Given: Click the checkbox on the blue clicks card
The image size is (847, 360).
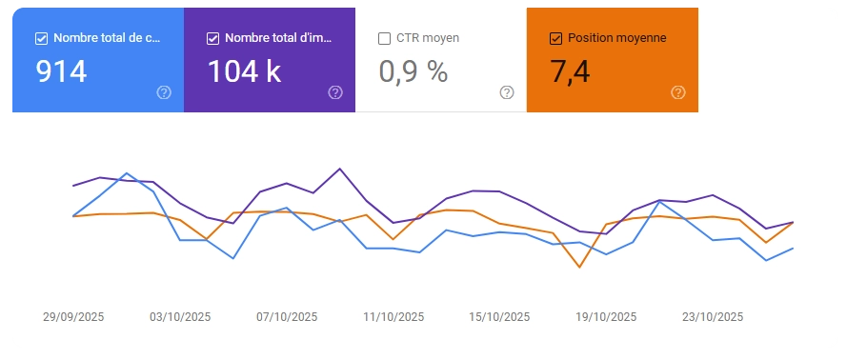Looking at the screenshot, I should tap(41, 39).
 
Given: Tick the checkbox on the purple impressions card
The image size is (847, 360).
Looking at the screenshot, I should tap(212, 39).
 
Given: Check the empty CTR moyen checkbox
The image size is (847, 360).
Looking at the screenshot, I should tap(384, 39).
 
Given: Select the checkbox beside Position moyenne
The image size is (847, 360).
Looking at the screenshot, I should tap(555, 39).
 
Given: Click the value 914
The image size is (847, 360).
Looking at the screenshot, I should tap(61, 71).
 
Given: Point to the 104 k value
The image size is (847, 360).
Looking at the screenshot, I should tap(244, 71).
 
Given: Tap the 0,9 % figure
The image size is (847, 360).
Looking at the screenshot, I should tap(413, 71).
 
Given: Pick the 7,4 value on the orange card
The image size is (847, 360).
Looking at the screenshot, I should tap(572, 71).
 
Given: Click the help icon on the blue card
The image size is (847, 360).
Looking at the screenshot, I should tap(164, 92).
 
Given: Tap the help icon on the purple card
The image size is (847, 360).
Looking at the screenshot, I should tap(335, 92).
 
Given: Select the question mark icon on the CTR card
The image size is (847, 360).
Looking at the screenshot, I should tap(507, 92).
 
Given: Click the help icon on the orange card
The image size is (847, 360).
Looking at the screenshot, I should tap(678, 92).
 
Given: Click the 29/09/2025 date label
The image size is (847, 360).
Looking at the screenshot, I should tap(73, 317).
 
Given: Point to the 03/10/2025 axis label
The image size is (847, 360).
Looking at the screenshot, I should tap(180, 317).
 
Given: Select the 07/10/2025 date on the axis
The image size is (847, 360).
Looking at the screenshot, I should tap(287, 317).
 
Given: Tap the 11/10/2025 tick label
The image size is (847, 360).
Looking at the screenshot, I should tap(393, 317).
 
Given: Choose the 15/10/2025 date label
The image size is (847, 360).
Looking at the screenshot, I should tap(500, 317).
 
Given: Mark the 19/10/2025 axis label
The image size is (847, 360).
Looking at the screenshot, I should tap(606, 317).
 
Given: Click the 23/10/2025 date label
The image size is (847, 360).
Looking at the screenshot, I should tap(713, 317).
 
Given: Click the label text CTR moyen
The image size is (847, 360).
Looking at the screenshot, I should tap(428, 39).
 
